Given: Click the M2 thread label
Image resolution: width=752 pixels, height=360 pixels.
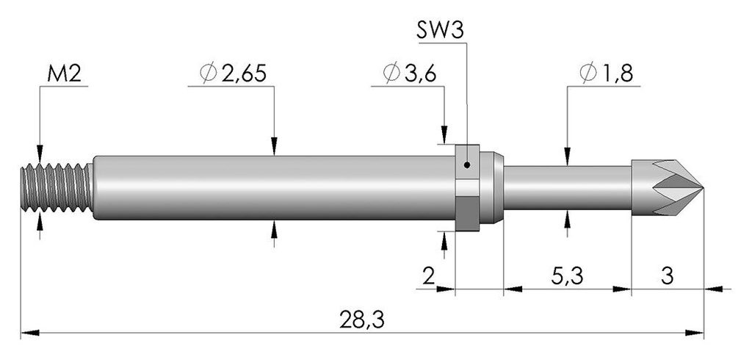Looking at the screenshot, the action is click(x=64, y=74).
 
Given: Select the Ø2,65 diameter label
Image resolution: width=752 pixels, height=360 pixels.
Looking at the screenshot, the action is click(x=233, y=73).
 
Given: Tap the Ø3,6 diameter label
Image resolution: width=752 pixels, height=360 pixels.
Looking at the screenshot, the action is click(x=409, y=73).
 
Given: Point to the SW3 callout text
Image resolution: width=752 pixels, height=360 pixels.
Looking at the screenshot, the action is click(x=440, y=31).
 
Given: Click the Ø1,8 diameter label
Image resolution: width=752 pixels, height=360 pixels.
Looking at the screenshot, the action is click(x=606, y=73).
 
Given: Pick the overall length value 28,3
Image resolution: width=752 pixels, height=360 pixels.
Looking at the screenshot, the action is click(x=362, y=320).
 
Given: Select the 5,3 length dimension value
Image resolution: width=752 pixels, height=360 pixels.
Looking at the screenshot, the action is click(x=568, y=277).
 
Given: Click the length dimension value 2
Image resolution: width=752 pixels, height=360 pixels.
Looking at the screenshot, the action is click(x=428, y=277).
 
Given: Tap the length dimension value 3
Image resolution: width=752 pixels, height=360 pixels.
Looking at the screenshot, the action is click(x=668, y=276).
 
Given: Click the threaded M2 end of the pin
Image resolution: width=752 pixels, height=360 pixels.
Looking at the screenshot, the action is click(x=57, y=187).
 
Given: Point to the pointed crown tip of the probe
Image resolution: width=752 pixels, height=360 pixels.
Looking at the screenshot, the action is click(x=702, y=187).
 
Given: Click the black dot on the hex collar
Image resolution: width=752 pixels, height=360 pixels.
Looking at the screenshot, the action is click(x=467, y=165).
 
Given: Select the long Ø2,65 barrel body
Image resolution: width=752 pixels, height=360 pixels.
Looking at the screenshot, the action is click(x=273, y=187).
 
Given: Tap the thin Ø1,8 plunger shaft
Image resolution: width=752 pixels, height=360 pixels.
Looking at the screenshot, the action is click(x=568, y=187).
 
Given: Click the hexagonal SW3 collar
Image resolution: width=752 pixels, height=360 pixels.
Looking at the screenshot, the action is click(x=467, y=187).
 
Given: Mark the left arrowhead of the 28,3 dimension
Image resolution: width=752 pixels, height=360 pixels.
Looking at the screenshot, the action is click(x=30, y=333).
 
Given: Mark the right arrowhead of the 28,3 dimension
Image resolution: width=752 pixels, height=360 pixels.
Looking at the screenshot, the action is click(x=695, y=333).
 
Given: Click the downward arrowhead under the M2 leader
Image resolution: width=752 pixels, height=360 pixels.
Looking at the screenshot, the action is click(x=40, y=154).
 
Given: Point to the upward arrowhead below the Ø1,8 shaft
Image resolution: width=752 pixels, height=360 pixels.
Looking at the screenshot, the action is click(x=568, y=220).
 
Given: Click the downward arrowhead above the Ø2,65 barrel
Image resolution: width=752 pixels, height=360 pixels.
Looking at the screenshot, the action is click(x=274, y=146).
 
